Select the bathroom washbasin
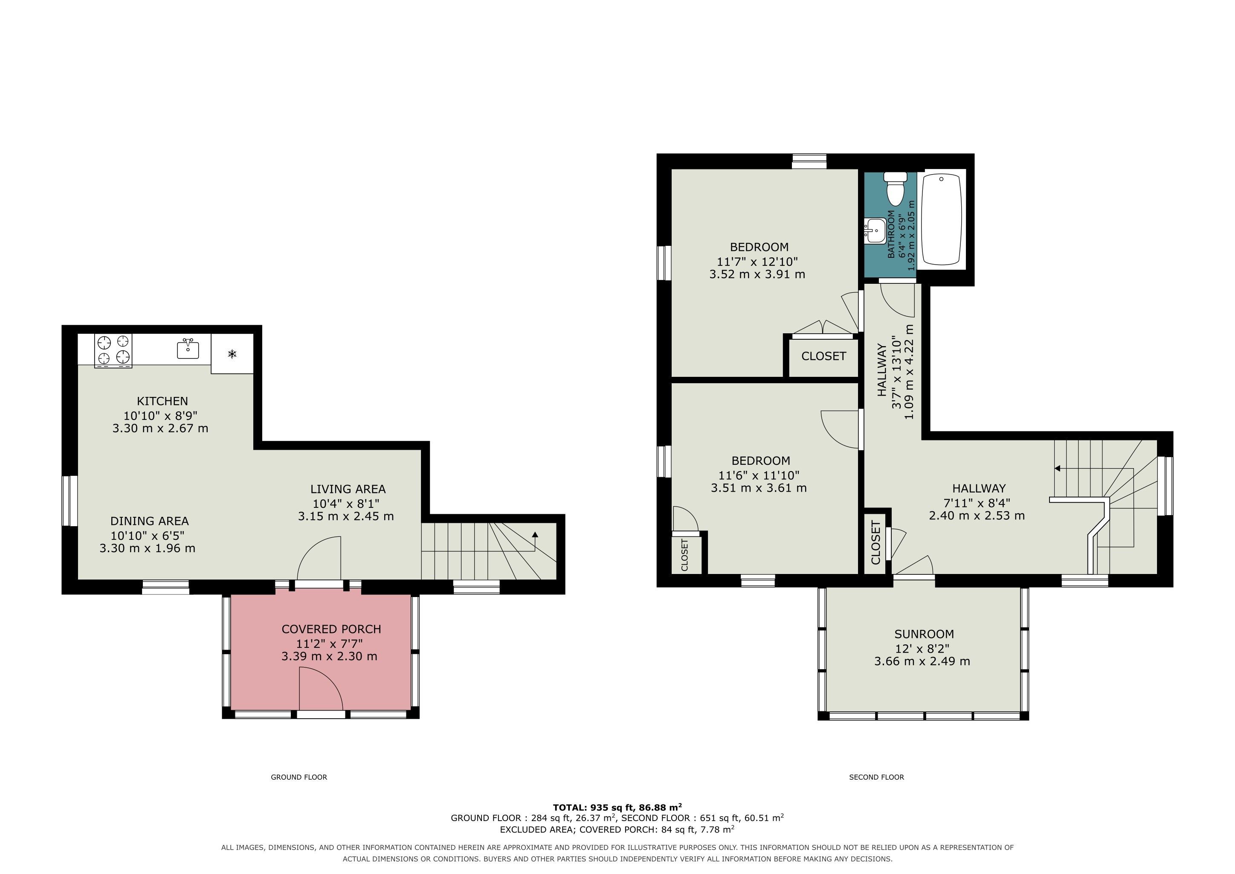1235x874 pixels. click(x=875, y=231)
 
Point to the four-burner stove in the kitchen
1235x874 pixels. click(x=113, y=350)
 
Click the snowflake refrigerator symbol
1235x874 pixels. click(x=232, y=354)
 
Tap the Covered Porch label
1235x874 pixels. click(x=331, y=629)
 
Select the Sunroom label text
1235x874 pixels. click(x=924, y=634)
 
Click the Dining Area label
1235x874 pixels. click(x=150, y=521)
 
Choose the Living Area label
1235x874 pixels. click(x=348, y=489)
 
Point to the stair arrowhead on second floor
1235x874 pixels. click(x=1058, y=469)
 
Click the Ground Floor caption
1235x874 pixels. click(x=299, y=777)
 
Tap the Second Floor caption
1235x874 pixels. click(x=877, y=777)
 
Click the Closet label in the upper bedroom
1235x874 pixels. click(x=823, y=356)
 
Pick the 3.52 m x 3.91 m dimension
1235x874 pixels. click(x=757, y=274)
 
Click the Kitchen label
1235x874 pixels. click(x=162, y=401)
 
